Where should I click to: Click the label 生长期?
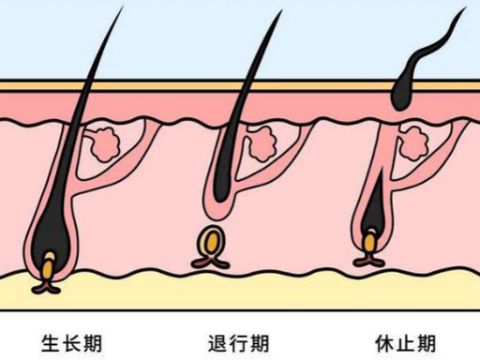pyautogui.click(x=71, y=343)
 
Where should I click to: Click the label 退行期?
pyautogui.click(x=238, y=343)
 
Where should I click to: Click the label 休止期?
pyautogui.click(x=405, y=343)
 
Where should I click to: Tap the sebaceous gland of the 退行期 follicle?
pyautogui.click(x=262, y=144)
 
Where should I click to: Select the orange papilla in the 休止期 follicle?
pyautogui.click(x=370, y=241)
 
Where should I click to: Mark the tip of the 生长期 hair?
pyautogui.click(x=122, y=7)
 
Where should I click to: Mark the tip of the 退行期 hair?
pyautogui.click(x=282, y=10)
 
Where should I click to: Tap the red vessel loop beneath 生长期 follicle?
pyautogui.click(x=46, y=287)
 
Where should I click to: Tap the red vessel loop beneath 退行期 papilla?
pyautogui.click(x=210, y=262)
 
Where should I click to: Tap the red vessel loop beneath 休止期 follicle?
pyautogui.click(x=368, y=260)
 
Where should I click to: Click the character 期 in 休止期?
pyautogui.click(x=427, y=343)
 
